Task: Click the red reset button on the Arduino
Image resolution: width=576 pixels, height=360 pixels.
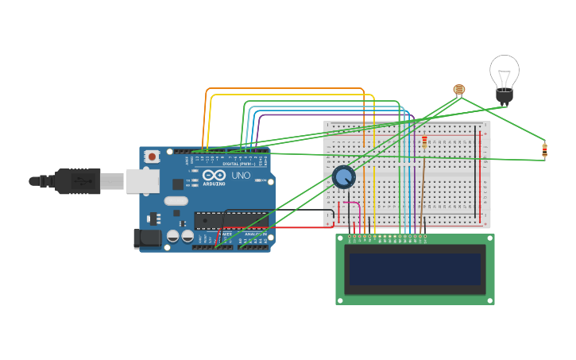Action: click(x=152, y=157)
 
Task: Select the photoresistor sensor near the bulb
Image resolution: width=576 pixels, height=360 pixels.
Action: click(x=458, y=90)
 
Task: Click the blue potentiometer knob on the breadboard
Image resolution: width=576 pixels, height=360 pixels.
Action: click(x=343, y=177)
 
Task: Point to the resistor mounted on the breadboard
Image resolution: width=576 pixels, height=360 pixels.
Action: click(x=424, y=141)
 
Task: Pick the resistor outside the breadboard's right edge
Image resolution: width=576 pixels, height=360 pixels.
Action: click(x=544, y=149)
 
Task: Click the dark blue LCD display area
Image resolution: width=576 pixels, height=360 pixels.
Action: click(x=415, y=269)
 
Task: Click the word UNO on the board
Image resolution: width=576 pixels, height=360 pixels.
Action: click(x=241, y=176)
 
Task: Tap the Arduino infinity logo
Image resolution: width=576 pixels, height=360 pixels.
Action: click(x=214, y=176)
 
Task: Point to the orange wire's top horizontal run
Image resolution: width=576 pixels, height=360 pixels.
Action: click(x=286, y=89)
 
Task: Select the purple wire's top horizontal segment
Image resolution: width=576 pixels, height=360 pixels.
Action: click(x=334, y=114)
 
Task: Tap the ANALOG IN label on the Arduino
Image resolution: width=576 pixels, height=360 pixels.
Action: click(x=255, y=234)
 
